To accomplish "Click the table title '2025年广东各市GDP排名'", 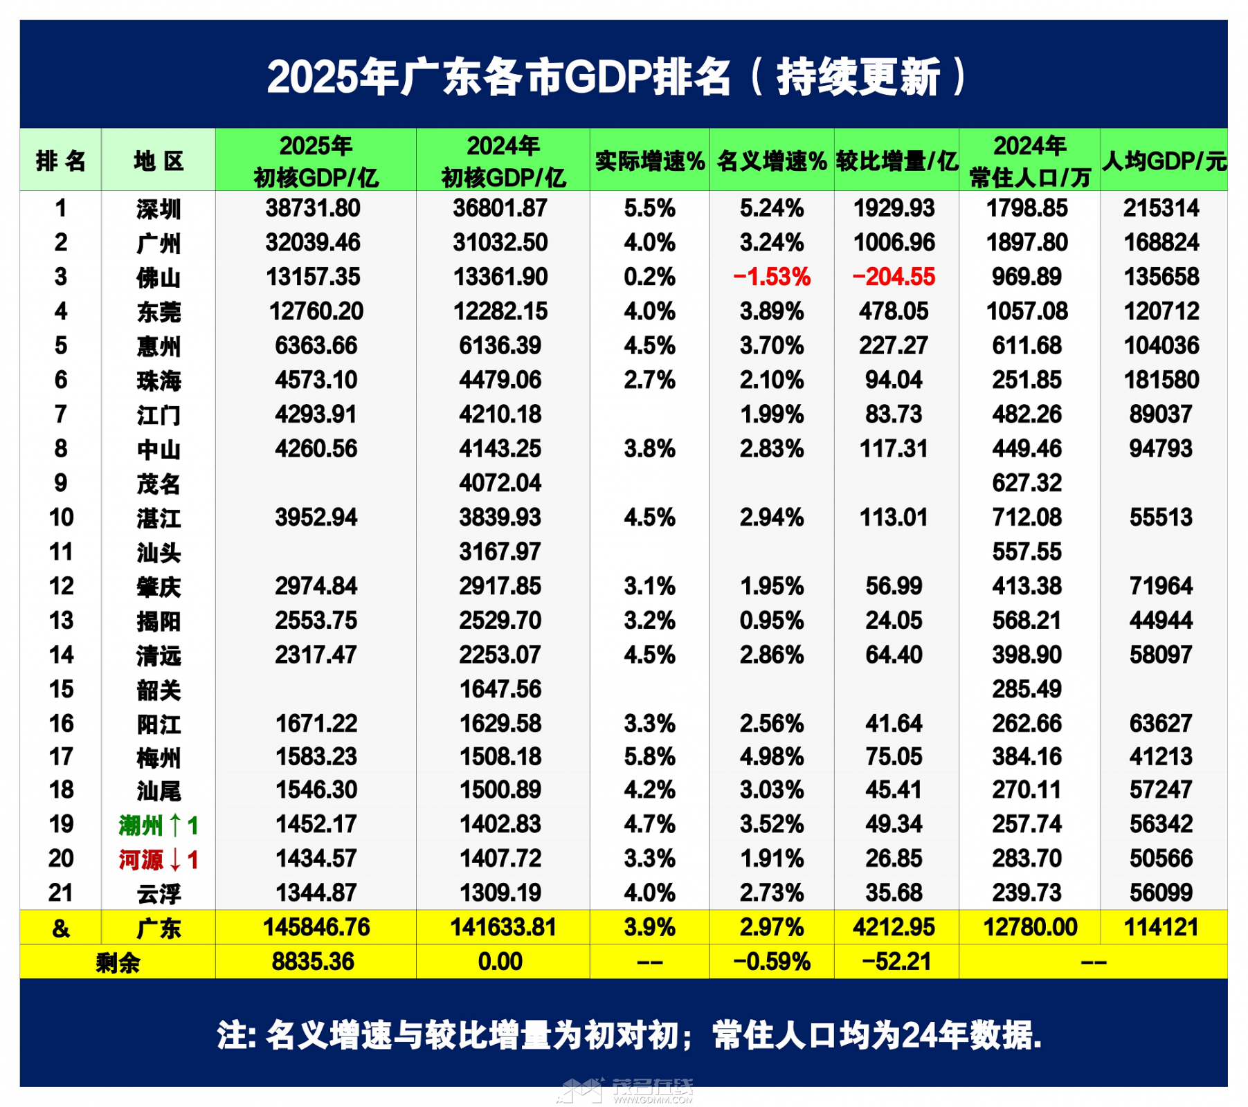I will click(498, 76).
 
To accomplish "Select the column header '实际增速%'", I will click(649, 161).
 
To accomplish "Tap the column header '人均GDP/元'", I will click(1164, 161).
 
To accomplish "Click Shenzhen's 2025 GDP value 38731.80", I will click(313, 208).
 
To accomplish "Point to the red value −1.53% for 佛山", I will click(771, 277).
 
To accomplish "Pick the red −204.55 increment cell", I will click(894, 277).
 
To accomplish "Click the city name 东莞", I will click(159, 312).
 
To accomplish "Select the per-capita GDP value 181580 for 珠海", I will click(1161, 380).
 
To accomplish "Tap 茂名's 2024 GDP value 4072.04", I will click(500, 483).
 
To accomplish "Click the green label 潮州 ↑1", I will click(159, 825).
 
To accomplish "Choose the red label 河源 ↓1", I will click(159, 859).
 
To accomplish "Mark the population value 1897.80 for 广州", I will click(1027, 243).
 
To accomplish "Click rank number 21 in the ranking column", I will click(61, 893).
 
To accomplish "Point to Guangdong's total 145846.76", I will click(316, 927).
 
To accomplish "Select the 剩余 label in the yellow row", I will click(118, 962).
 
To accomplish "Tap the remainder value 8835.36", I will click(313, 962).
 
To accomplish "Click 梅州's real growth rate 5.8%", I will click(649, 757).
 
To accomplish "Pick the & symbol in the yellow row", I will click(61, 928).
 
